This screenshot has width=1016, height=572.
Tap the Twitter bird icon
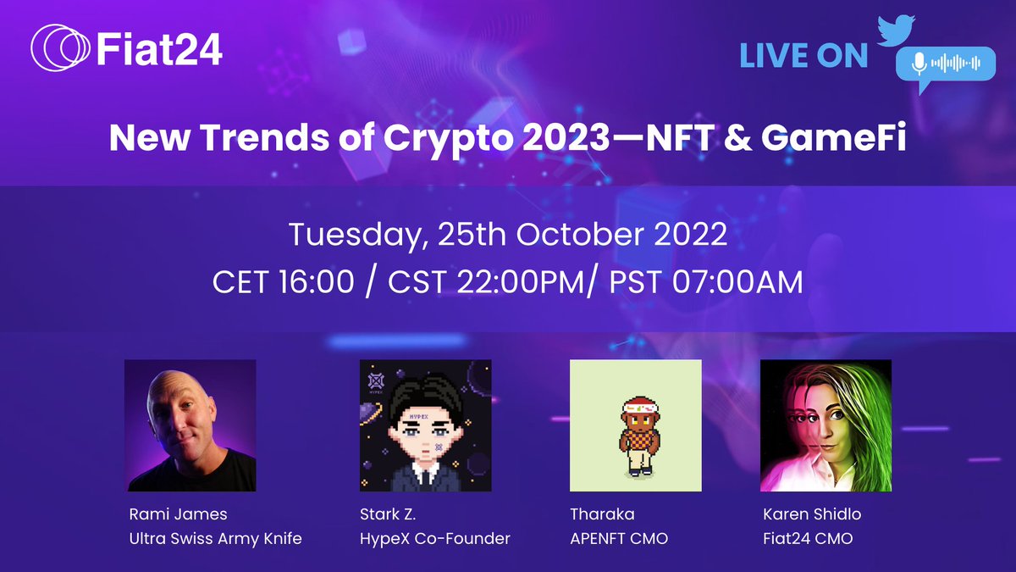click(x=896, y=31)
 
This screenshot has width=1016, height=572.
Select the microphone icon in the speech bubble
click(x=919, y=64)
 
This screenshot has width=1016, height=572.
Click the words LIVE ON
click(x=803, y=56)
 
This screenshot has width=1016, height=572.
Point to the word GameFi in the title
click(x=833, y=137)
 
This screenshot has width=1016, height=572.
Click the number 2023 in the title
click(x=566, y=137)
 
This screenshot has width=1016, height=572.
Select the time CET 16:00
click(x=283, y=282)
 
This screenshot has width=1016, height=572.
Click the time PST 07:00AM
click(x=706, y=282)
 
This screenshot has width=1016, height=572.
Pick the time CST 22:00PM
click(x=486, y=282)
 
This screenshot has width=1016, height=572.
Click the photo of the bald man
click(x=190, y=425)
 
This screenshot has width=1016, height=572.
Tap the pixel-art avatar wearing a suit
click(x=425, y=425)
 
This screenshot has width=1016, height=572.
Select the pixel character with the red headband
click(x=638, y=436)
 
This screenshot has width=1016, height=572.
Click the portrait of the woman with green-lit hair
click(x=826, y=425)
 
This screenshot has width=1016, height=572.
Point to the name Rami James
click(x=179, y=514)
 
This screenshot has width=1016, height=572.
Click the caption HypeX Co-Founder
click(x=435, y=539)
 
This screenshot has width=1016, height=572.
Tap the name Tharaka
click(x=602, y=514)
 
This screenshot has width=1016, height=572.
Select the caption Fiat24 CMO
click(x=808, y=539)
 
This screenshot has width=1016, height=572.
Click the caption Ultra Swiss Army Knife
click(x=215, y=539)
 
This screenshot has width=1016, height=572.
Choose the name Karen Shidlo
click(x=812, y=514)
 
